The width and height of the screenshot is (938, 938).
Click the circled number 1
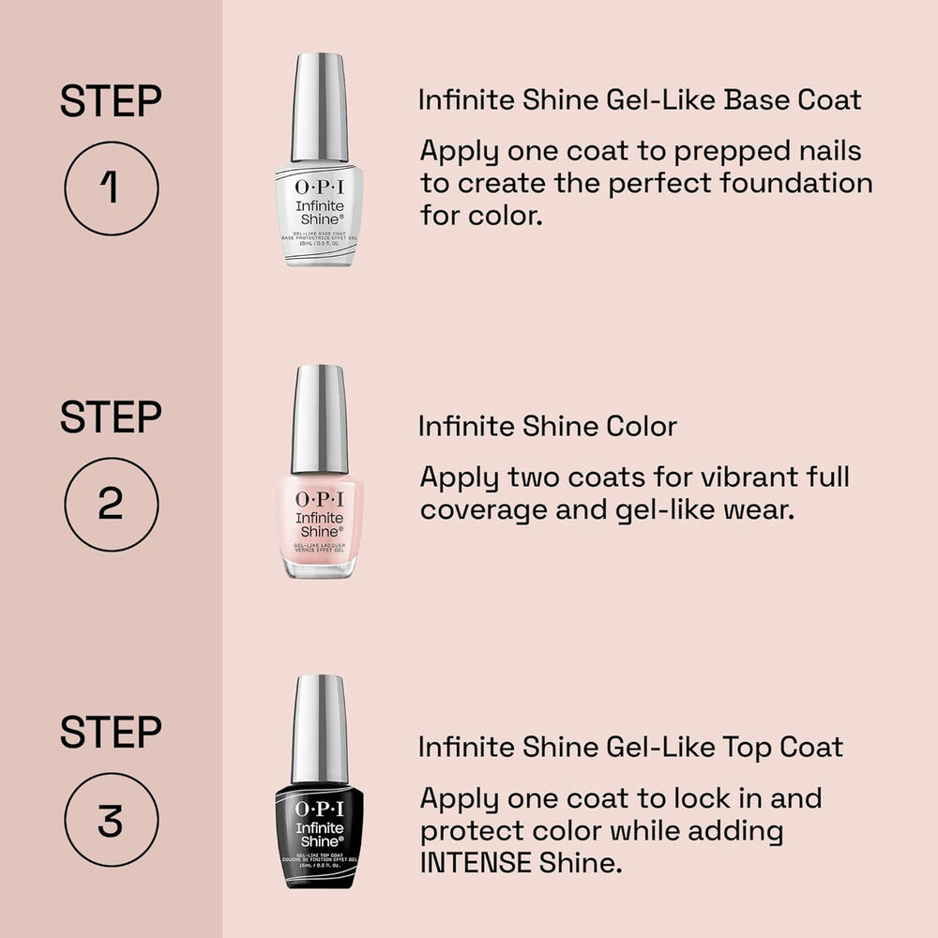pos(111,188)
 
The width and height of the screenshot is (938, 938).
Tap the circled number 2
pos(111,504)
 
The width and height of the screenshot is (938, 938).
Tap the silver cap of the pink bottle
pos(320,419)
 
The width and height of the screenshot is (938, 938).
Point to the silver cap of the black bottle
pos(320,729)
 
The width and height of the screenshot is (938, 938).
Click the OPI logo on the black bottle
pos(320,809)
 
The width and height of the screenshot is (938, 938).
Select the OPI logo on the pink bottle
pos(320,499)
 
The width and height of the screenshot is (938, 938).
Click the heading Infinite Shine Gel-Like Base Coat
pos(640,99)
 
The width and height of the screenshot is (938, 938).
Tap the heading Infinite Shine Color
pos(548,427)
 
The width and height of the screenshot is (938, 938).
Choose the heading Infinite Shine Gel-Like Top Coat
pos(630,747)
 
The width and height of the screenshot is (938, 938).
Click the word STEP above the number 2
pos(111,417)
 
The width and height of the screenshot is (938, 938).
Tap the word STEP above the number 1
pos(111,101)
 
